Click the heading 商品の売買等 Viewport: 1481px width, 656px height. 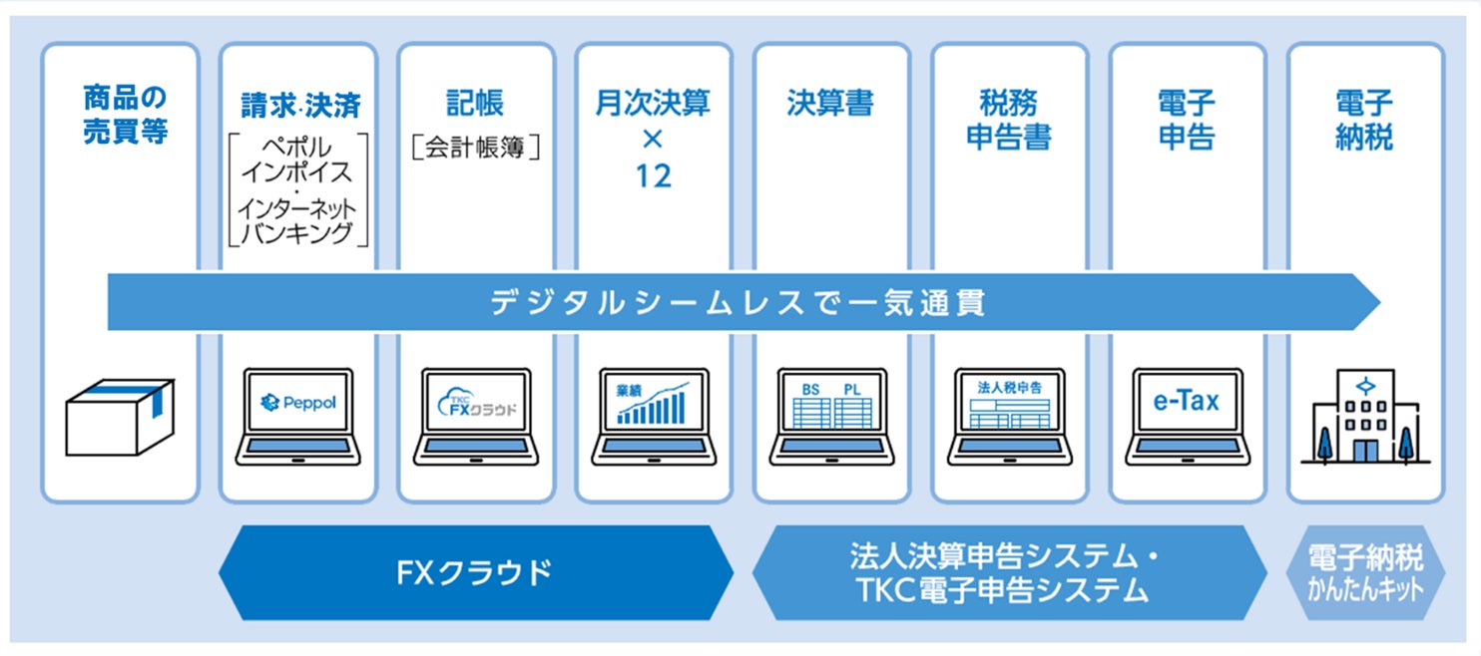point(125,116)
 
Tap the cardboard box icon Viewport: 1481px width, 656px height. point(120,416)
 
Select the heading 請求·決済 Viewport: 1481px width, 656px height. point(300,105)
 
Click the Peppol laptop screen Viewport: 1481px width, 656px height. point(297,403)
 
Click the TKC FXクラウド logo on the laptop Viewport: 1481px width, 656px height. point(476,403)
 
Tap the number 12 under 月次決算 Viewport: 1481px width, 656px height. point(653,175)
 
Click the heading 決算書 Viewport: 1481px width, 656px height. point(830,104)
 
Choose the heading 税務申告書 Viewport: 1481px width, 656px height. point(1008,119)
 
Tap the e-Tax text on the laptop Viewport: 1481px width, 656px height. point(1187,402)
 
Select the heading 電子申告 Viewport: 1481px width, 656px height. point(1187,119)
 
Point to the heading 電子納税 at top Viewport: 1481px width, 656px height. point(1364,119)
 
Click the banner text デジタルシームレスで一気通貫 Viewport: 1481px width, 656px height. point(738,302)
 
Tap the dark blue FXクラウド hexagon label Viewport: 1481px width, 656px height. point(475,573)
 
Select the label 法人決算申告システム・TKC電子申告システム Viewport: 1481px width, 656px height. point(1008,573)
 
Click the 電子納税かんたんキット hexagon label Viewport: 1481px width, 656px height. point(1365,573)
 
